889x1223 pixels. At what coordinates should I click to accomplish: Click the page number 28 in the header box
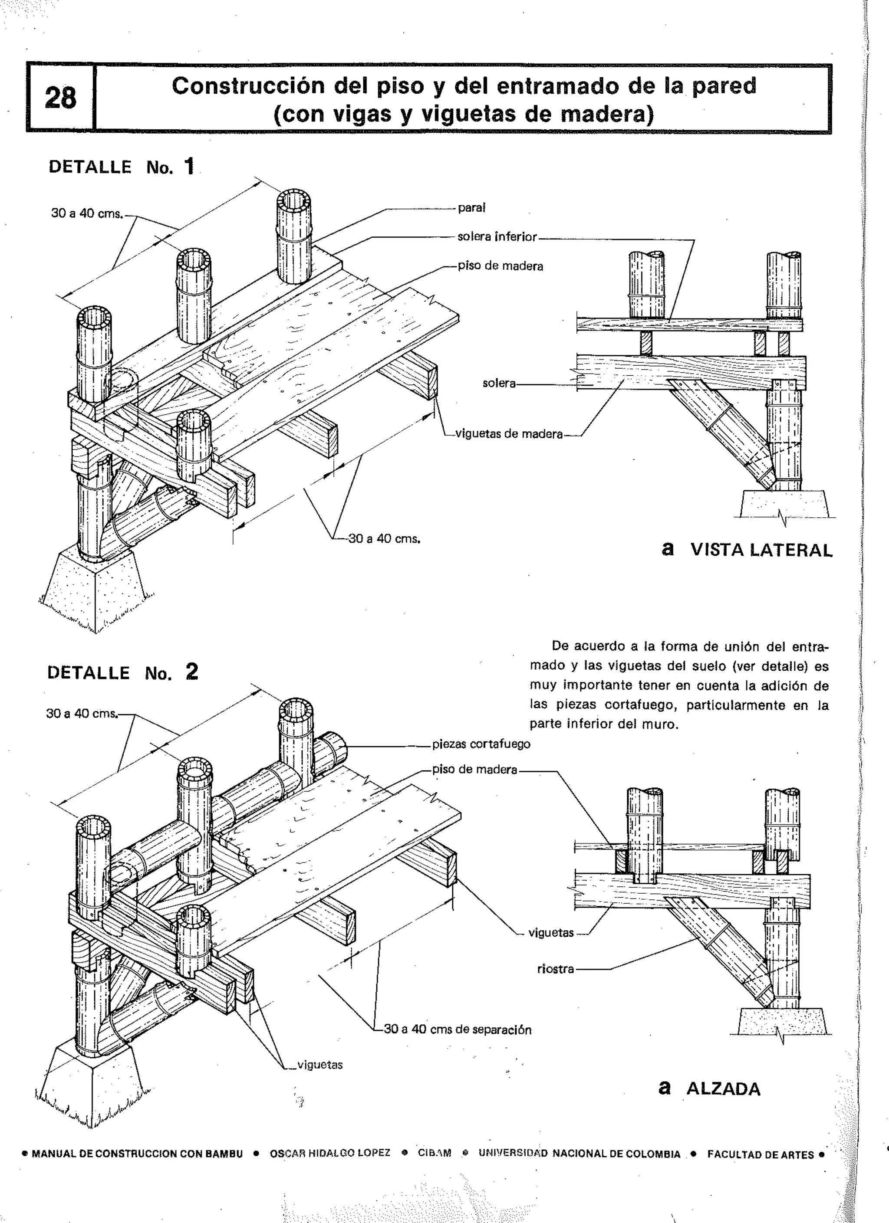pyautogui.click(x=60, y=98)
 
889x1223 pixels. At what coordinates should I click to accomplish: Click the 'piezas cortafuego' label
pyautogui.click(x=481, y=744)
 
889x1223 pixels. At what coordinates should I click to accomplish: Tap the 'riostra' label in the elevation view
pyautogui.click(x=555, y=969)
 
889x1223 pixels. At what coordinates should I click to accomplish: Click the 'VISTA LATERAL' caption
pyautogui.click(x=761, y=550)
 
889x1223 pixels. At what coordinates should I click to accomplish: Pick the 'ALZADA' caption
pyautogui.click(x=723, y=1089)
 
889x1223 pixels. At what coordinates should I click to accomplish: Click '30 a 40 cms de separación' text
pyautogui.click(x=458, y=1030)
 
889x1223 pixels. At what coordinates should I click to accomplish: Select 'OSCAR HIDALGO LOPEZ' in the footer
pyautogui.click(x=329, y=1154)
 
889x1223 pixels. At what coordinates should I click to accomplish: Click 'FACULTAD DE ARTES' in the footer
pyautogui.click(x=760, y=1154)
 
